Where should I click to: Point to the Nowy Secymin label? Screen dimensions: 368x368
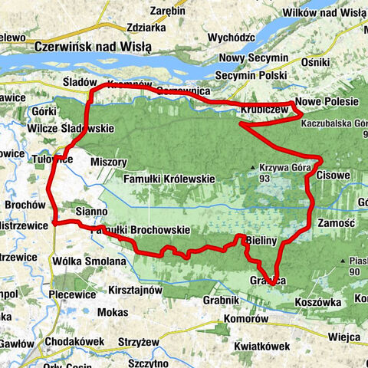(252, 59)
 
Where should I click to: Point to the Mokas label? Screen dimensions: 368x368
(113, 313)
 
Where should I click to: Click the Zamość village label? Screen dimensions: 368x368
(334, 223)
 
